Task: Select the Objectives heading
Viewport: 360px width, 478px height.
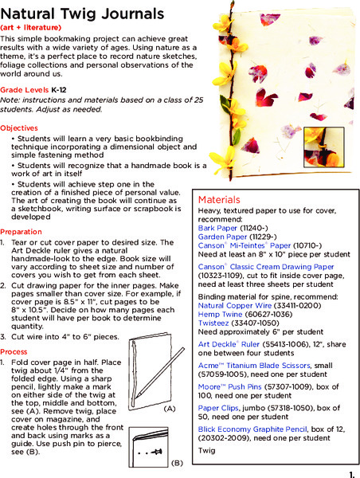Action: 19,127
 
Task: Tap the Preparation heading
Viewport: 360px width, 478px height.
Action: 22,232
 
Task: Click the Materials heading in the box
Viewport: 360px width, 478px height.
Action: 219,199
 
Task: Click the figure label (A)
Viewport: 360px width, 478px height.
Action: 169,408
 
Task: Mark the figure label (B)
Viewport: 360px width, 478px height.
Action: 176,462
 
